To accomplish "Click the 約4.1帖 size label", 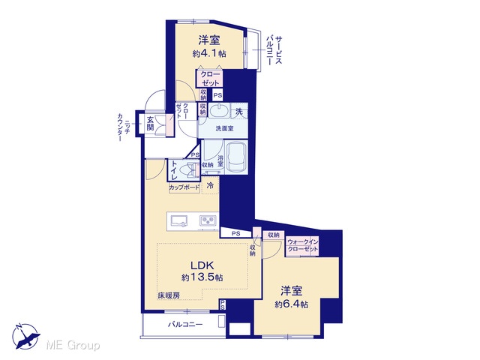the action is (209, 53).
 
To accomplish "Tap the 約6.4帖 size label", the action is (292, 304).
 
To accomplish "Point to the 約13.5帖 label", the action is (202, 277).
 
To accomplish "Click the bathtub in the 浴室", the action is (236, 157).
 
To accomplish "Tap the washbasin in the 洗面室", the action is (219, 111).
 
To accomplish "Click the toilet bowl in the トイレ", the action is (187, 169).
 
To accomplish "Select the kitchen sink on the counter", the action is (179, 221).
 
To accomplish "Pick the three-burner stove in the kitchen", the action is (208, 220).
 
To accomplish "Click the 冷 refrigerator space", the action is (210, 185).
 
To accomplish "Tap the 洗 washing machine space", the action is (239, 112).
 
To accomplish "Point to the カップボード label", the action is (184, 187).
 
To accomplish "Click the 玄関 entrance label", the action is (150, 123).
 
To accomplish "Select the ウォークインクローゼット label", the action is (302, 245).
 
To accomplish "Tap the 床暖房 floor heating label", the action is (169, 295).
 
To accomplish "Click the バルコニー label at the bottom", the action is (185, 325).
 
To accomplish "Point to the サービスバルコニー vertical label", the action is (274, 50).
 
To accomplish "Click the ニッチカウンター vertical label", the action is (124, 127).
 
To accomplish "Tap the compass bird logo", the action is (26, 337).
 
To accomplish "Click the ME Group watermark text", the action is (73, 346).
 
